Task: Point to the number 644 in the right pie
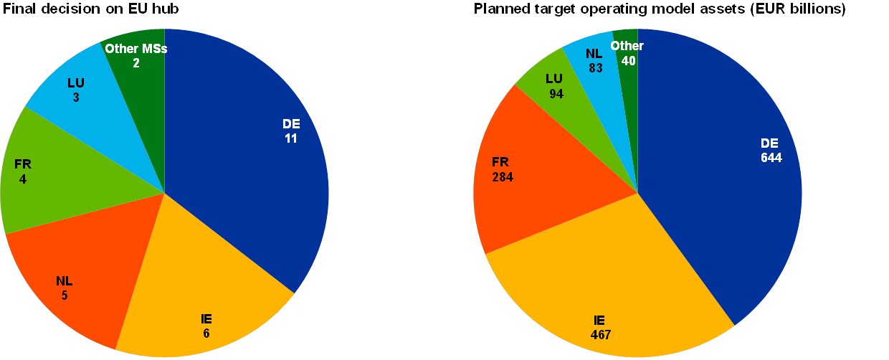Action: tap(771, 158)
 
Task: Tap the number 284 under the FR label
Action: tap(503, 176)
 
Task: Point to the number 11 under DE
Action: tap(291, 138)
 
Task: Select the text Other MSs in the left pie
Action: tap(136, 49)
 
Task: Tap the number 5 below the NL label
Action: tap(65, 294)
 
